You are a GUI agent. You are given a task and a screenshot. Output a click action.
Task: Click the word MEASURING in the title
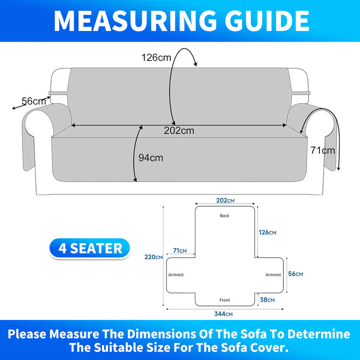click(x=135, y=21)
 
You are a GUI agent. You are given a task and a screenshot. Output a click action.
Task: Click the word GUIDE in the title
click(x=267, y=21)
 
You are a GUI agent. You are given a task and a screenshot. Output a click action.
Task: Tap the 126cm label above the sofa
click(x=156, y=58)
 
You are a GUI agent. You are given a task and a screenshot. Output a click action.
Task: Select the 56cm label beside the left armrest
click(x=34, y=101)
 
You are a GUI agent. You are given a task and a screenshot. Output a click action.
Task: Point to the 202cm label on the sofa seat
click(x=179, y=131)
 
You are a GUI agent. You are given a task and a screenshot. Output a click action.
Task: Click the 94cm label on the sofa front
click(x=151, y=158)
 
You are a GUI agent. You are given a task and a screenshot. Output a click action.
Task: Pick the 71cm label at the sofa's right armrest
click(x=322, y=150)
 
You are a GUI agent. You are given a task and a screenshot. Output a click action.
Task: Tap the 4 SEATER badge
click(x=89, y=248)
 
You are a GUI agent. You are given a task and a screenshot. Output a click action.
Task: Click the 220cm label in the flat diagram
click(x=154, y=257)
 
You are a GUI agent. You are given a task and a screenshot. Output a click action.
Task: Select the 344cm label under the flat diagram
click(x=223, y=314)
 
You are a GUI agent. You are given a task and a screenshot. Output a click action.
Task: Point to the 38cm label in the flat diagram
click(x=267, y=300)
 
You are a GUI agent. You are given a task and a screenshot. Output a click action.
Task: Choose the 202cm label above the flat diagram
click(x=225, y=201)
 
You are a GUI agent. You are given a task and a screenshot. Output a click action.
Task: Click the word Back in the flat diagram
click(x=225, y=215)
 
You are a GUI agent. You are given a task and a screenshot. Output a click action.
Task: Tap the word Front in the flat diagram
click(x=225, y=300)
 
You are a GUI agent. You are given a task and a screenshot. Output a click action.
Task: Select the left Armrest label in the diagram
click(x=176, y=275)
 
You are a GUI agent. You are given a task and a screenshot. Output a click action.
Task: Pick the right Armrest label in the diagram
click(x=273, y=275)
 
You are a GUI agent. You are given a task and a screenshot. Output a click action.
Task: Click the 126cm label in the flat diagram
click(x=267, y=232)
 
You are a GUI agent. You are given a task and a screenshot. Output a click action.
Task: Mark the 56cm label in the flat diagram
click(x=296, y=274)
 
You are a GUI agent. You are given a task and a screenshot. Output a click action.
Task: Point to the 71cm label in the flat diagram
click(x=180, y=250)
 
